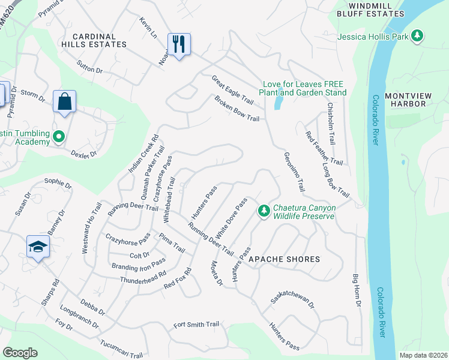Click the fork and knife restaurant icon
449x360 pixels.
point(179,45)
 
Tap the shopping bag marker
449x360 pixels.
point(64,101)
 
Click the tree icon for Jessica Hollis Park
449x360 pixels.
point(417,37)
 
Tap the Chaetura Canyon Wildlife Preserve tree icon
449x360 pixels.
point(263,211)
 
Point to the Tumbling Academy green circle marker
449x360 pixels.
point(58,137)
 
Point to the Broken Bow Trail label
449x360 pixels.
point(237,109)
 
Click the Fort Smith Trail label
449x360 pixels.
point(196,325)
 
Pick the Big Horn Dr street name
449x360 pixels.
point(357,292)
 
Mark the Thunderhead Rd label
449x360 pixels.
point(143,278)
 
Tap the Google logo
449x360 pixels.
point(20,353)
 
